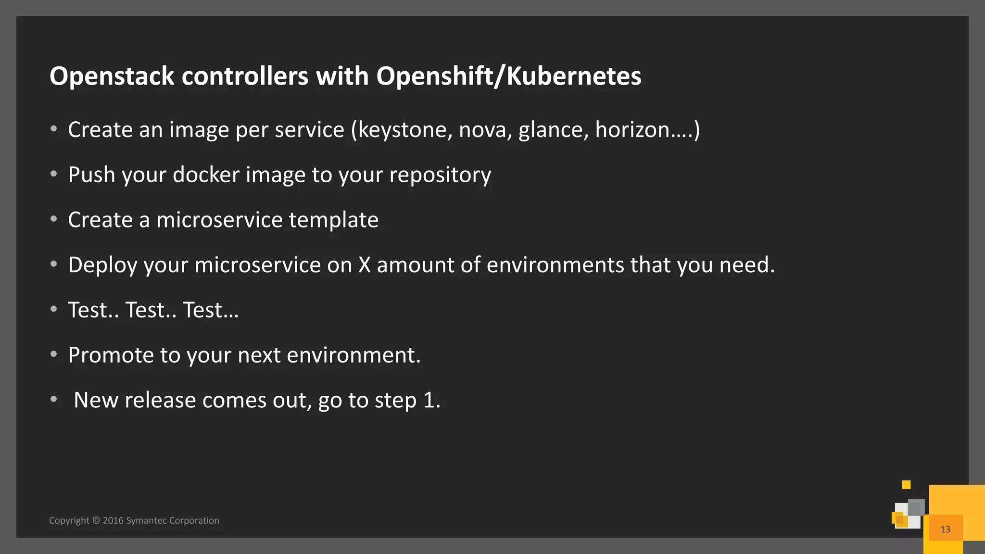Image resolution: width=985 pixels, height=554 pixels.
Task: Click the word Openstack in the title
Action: pyautogui.click(x=112, y=76)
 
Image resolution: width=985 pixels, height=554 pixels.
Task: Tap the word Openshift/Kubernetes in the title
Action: pyautogui.click(x=508, y=76)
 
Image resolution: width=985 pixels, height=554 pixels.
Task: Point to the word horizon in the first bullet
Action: pyautogui.click(x=632, y=130)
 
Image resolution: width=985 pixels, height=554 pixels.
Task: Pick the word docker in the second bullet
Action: pyautogui.click(x=206, y=175)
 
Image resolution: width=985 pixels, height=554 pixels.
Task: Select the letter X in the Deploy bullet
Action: pyautogui.click(x=365, y=265)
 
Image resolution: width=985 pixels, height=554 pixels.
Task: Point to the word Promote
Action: pyautogui.click(x=111, y=355)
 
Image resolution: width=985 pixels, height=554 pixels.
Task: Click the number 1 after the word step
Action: pyautogui.click(x=429, y=400)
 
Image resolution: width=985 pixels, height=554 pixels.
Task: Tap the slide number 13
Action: pyautogui.click(x=945, y=529)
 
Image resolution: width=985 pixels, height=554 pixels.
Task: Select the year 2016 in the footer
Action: pyautogui.click(x=113, y=520)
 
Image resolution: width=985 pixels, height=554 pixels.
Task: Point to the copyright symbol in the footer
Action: pyautogui.click(x=96, y=520)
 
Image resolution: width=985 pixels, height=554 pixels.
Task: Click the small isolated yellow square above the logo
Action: pyautogui.click(x=906, y=484)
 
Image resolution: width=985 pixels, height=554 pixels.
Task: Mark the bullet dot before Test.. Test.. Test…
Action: pyautogui.click(x=54, y=309)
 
